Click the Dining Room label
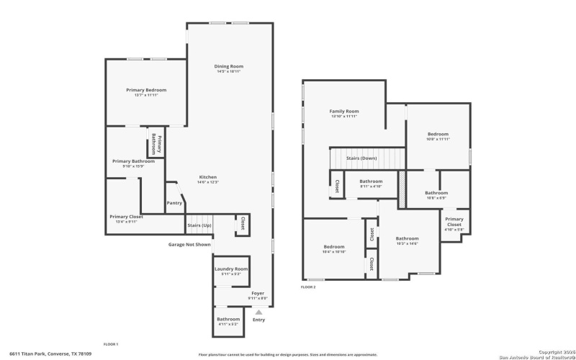point(228,66)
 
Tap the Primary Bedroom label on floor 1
point(146,90)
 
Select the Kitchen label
point(208,177)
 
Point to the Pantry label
point(174,203)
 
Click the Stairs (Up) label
point(199,226)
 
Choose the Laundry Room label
point(231,269)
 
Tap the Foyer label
point(257,294)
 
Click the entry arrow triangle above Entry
point(258,312)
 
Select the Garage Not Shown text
point(189,245)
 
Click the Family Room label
point(344,112)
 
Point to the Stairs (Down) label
point(361,158)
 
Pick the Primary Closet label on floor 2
point(454,222)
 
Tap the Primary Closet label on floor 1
point(126,217)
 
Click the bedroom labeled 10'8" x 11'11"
point(438,135)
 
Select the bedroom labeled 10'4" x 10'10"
point(334,247)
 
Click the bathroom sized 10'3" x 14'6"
point(407,238)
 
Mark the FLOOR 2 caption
point(308,287)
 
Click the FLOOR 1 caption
point(110,344)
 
